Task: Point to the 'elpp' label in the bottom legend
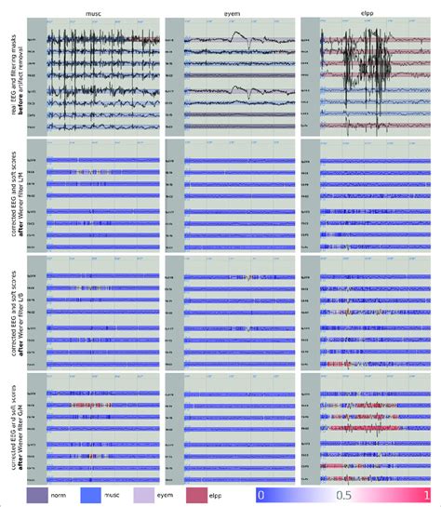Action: pos(245,495)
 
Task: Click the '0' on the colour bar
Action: pos(263,495)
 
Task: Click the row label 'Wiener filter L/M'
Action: pos(20,198)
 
